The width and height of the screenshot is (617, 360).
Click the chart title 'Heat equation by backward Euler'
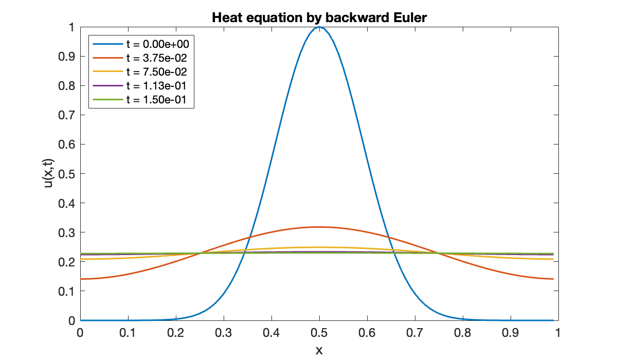click(x=319, y=17)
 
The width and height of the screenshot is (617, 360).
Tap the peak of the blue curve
click(x=319, y=27)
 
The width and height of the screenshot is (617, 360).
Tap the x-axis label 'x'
click(x=319, y=351)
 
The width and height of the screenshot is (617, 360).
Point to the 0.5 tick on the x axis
click(x=319, y=332)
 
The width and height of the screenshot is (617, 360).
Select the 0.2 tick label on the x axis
click(x=175, y=332)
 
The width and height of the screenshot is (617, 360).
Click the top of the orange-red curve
click(x=319, y=227)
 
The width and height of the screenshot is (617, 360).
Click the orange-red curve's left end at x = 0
click(x=81, y=279)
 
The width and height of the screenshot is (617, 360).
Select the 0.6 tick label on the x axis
click(x=367, y=332)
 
